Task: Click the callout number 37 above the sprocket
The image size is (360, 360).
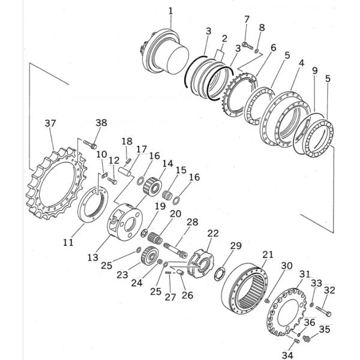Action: coord(50,124)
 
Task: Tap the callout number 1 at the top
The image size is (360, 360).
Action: coord(170,11)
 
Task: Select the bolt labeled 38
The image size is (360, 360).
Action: coord(90,144)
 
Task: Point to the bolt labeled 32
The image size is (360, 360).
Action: coord(323,311)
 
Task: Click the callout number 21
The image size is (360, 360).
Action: coord(268,254)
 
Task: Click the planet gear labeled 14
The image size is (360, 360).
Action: coord(152,187)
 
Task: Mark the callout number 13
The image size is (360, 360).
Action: coord(93,257)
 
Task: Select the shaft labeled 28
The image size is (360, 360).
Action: coord(176,250)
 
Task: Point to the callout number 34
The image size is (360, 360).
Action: coord(287,355)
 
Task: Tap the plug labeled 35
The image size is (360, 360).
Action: coord(306,338)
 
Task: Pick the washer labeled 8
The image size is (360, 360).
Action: coord(256,50)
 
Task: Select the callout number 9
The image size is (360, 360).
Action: coord(315,70)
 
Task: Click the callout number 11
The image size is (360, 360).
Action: coord(68,242)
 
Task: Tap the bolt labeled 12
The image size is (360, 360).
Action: coord(112,181)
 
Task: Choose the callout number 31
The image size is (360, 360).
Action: coord(305,274)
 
